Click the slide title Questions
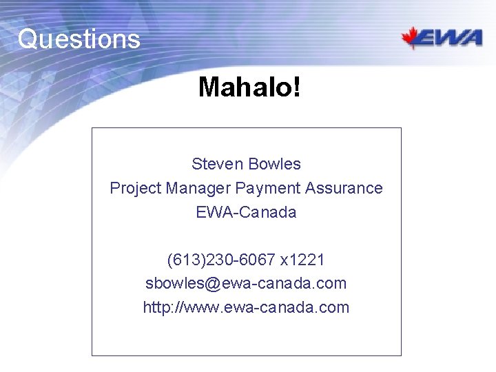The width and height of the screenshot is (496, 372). click(79, 39)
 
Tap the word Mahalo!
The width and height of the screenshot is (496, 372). click(249, 87)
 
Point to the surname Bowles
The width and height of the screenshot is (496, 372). click(274, 164)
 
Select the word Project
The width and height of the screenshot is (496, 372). click(135, 188)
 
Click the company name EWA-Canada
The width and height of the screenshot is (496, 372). click(246, 212)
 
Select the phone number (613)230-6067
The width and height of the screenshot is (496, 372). click(222, 260)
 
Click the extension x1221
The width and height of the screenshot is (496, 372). click(302, 260)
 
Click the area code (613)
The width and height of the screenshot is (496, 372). click(183, 260)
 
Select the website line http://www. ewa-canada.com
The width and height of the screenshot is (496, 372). click(246, 307)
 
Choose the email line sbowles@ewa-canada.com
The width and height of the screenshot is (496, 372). click(246, 283)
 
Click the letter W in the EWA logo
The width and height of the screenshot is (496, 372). click(449, 38)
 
